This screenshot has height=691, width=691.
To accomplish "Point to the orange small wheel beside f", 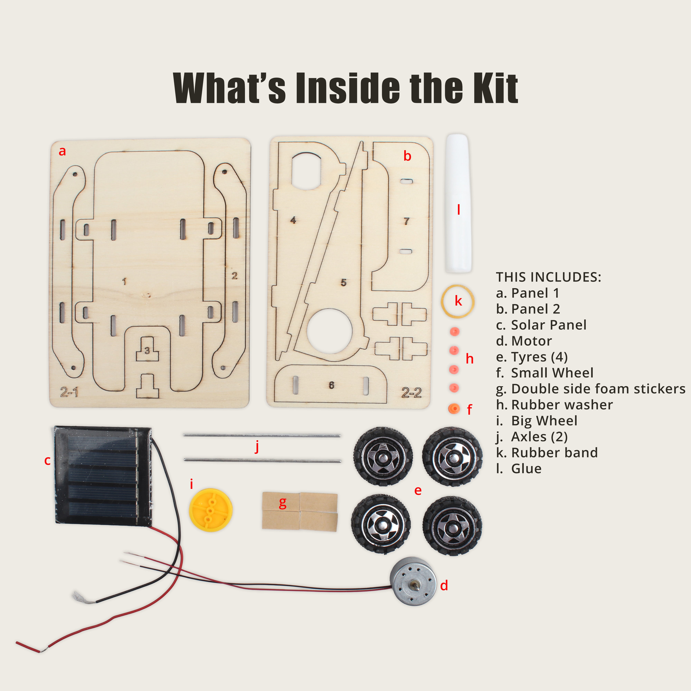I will (454, 408).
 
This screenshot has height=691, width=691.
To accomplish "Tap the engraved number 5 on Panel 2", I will (343, 283).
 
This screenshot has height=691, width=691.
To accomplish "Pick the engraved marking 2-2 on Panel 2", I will (411, 393).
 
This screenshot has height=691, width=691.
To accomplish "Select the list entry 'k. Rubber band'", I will (547, 452).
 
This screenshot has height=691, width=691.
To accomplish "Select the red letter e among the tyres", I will (417, 490).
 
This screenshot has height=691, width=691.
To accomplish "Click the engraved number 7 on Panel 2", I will (406, 221).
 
